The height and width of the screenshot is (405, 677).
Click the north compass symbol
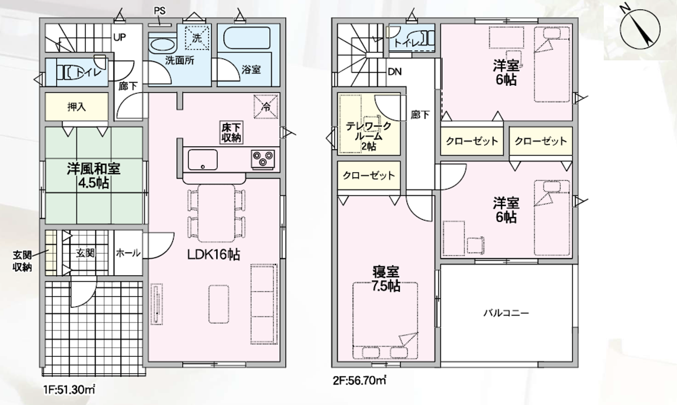tap(640, 29)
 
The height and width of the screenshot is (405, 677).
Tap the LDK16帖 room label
tap(214, 254)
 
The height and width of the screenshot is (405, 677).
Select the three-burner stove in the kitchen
tap(263, 159)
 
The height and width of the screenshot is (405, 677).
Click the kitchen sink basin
tap(203, 160)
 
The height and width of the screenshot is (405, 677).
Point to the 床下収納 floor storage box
tap(231, 132)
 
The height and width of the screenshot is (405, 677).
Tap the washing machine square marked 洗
tap(197, 38)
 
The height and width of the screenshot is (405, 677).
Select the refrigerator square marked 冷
tap(266, 107)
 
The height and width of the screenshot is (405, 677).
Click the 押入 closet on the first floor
tap(76, 107)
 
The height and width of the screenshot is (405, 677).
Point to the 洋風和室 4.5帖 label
tap(93, 175)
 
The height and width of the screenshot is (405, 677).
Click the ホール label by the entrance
tap(128, 253)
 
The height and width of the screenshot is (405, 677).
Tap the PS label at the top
tap(159, 11)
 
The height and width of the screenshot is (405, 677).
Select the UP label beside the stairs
tap(119, 37)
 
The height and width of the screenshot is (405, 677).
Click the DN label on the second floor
tap(395, 72)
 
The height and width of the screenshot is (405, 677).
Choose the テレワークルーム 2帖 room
tap(369, 124)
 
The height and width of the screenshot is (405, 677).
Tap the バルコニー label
tap(506, 313)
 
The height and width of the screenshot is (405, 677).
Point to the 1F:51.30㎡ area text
tap(69, 390)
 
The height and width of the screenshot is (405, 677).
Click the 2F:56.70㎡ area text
tap(360, 380)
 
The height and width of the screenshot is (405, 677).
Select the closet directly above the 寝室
tap(369, 175)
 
